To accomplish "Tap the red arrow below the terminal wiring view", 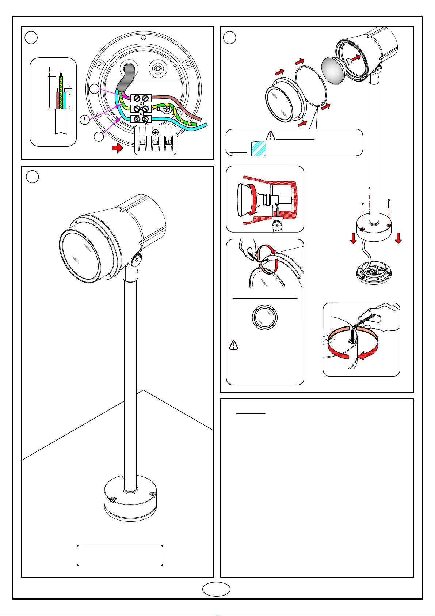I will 117,148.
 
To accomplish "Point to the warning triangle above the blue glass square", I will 270,136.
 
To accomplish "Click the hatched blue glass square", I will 258,149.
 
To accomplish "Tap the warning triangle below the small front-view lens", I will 234,345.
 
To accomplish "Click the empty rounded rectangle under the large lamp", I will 119,555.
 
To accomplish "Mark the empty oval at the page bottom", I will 216,589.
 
